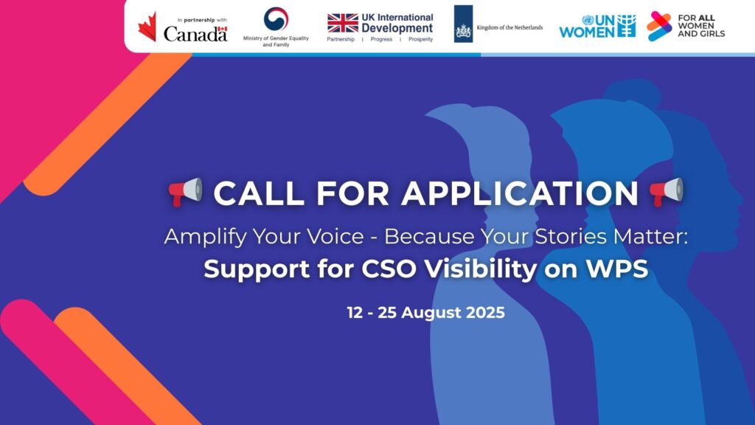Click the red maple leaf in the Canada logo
(x=147, y=27)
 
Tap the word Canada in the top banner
(x=195, y=34)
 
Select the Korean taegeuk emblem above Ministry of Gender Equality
(x=276, y=18)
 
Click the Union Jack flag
(x=343, y=23)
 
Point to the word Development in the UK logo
(x=397, y=29)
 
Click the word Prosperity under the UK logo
(x=421, y=40)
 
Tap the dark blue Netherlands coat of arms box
(x=463, y=24)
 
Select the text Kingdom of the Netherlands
(x=509, y=27)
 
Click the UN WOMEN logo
(x=597, y=26)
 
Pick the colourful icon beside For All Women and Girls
(x=658, y=26)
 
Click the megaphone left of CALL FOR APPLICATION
(x=186, y=192)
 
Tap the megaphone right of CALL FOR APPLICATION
(x=667, y=192)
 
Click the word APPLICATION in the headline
(x=520, y=194)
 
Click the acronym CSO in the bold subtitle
(x=389, y=269)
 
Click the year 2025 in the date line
(x=485, y=313)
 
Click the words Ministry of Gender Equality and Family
(x=276, y=41)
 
